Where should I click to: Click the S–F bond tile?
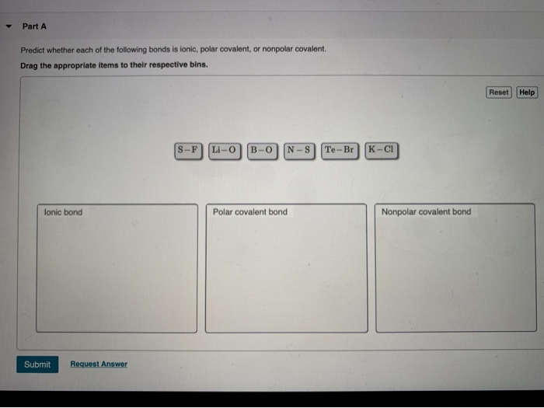[188, 149]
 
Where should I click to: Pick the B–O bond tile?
[263, 149]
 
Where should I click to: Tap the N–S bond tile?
[299, 149]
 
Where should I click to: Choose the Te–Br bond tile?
[340, 149]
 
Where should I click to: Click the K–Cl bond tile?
[381, 149]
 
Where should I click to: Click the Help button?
[527, 92]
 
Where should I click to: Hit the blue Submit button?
[37, 364]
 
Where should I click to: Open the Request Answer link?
[99, 364]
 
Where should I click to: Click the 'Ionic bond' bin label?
[63, 211]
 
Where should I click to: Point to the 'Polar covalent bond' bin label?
[249, 211]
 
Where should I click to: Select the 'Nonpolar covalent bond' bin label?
[426, 211]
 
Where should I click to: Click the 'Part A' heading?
[34, 26]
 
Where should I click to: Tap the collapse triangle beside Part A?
[8, 26]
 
